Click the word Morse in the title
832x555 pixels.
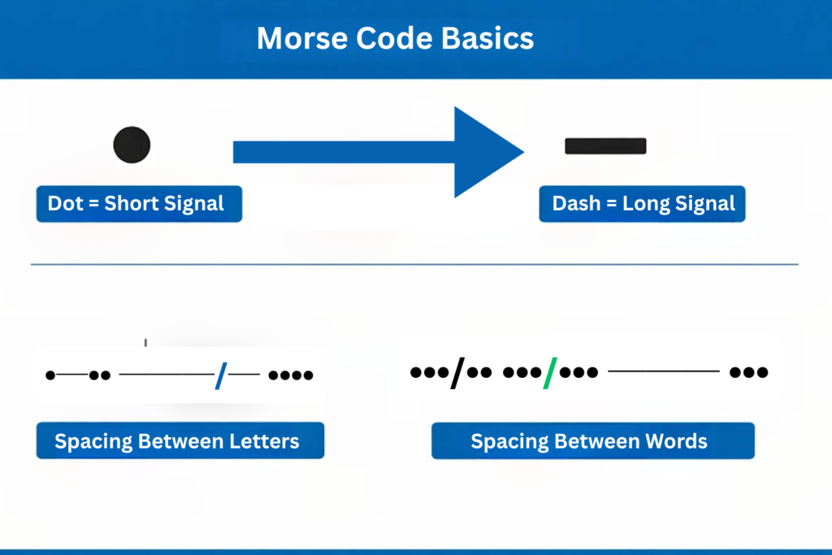click(x=301, y=39)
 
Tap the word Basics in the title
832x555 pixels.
click(x=487, y=39)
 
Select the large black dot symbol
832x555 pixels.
click(x=132, y=145)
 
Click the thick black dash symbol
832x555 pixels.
click(x=605, y=146)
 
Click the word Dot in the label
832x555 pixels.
click(x=65, y=204)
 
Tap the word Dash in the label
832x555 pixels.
click(x=576, y=204)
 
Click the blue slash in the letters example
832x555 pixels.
click(x=221, y=375)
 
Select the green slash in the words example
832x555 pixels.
click(x=550, y=373)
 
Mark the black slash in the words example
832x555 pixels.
click(x=457, y=373)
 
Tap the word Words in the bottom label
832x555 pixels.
click(x=677, y=441)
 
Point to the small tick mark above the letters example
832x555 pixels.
click(x=145, y=342)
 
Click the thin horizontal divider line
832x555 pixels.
click(x=414, y=264)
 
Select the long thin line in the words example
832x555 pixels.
click(x=663, y=371)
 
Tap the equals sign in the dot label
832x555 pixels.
click(x=93, y=204)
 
